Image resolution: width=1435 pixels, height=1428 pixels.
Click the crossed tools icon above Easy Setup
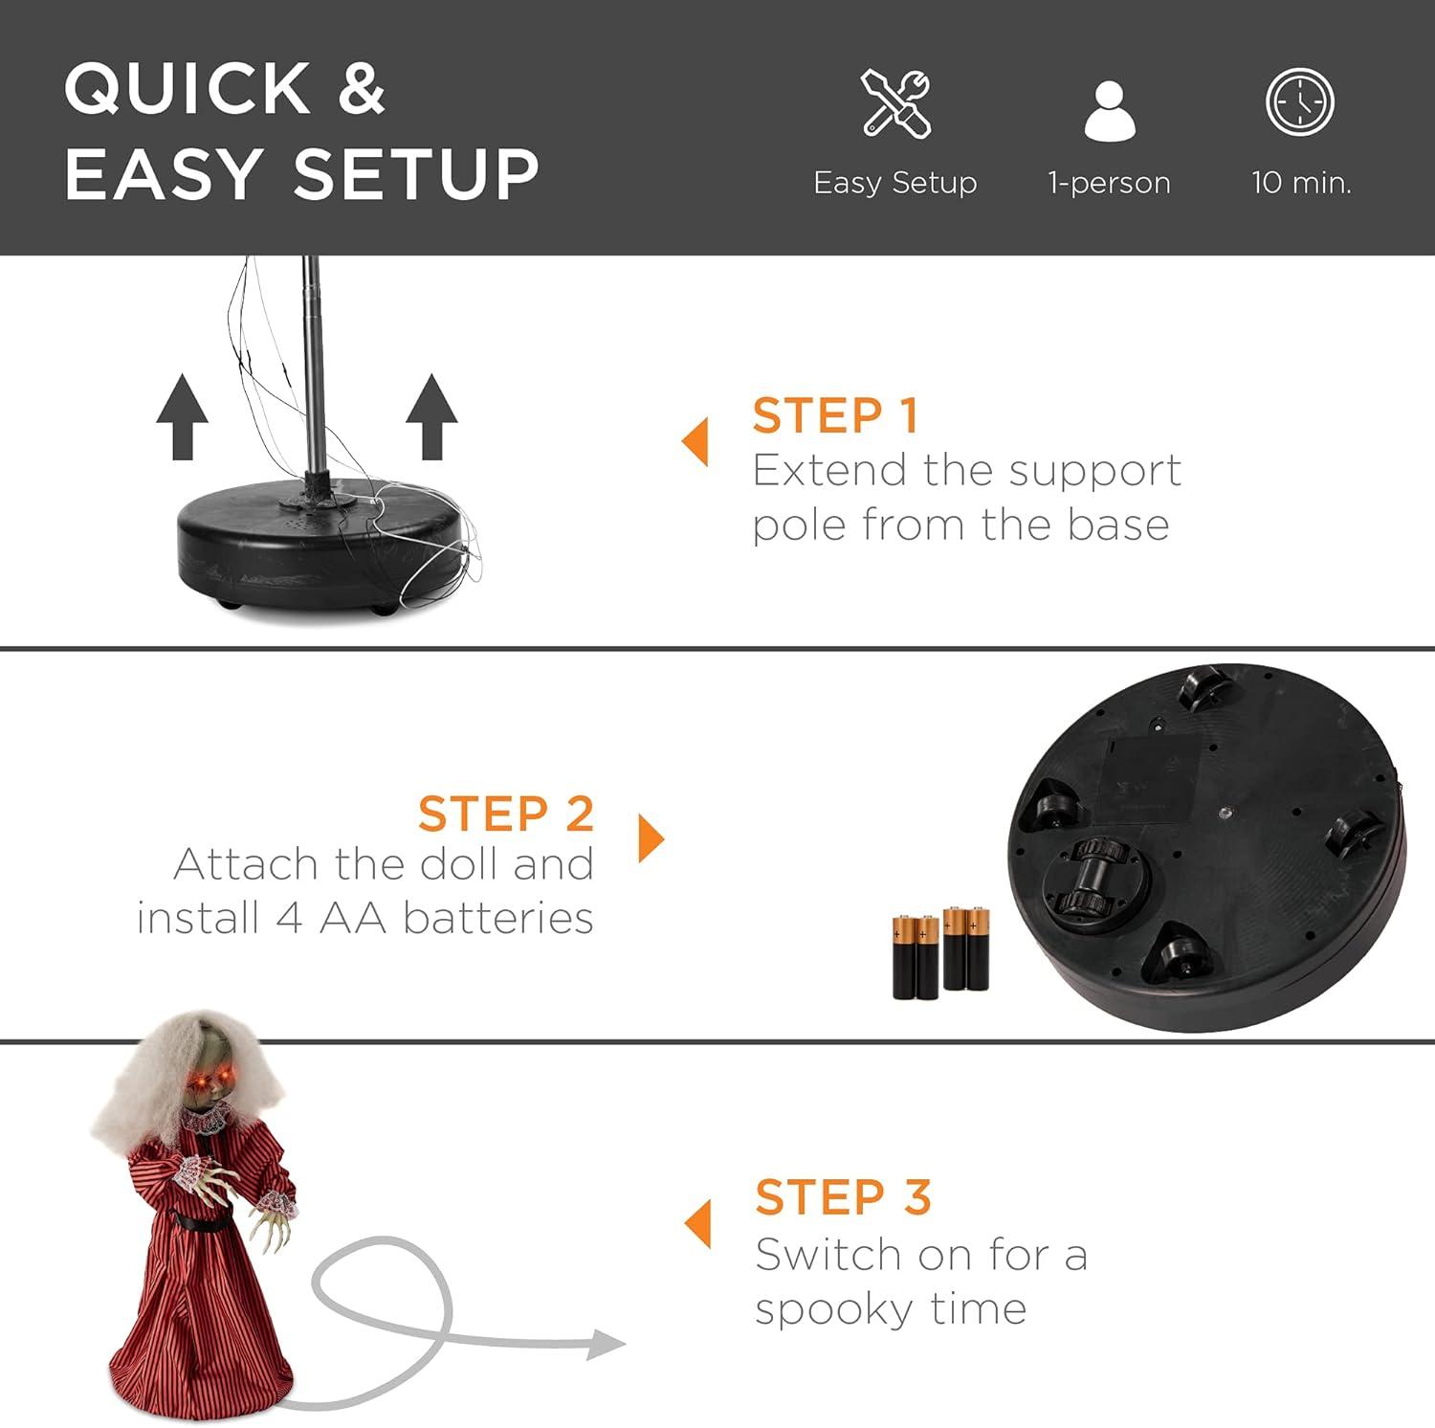pyautogui.click(x=895, y=103)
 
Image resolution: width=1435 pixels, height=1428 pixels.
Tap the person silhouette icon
pyautogui.click(x=1110, y=111)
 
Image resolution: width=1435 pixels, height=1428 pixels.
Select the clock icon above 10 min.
pyautogui.click(x=1300, y=101)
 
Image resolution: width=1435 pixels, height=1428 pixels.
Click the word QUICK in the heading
pyautogui.click(x=187, y=89)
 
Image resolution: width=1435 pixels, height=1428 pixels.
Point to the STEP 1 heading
pyautogui.click(x=835, y=415)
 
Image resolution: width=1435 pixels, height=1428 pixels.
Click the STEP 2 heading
pyautogui.click(x=506, y=814)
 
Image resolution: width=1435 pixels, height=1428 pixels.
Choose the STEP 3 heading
pyautogui.click(x=843, y=1196)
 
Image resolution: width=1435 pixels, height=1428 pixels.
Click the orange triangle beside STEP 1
pyautogui.click(x=695, y=442)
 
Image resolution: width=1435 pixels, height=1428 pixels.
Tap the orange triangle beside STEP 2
pyautogui.click(x=651, y=838)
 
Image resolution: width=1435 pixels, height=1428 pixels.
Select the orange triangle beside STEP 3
pyautogui.click(x=698, y=1224)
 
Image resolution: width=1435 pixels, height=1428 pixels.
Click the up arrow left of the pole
pyautogui.click(x=182, y=416)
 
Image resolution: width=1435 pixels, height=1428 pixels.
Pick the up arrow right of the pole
pyautogui.click(x=431, y=416)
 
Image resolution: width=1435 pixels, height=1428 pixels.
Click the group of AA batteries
pyautogui.click(x=941, y=953)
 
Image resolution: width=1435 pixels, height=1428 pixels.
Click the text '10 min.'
pyautogui.click(x=1301, y=182)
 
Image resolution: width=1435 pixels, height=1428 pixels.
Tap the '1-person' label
pyautogui.click(x=1110, y=183)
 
